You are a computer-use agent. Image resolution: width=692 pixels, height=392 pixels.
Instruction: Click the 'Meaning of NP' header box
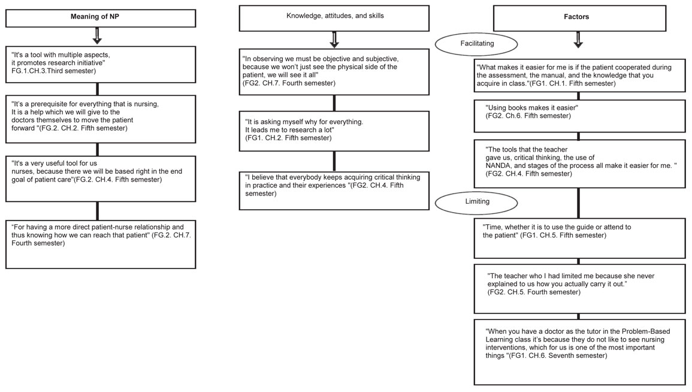[101, 18]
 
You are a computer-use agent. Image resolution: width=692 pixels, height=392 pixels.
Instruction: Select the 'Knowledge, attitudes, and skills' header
[334, 18]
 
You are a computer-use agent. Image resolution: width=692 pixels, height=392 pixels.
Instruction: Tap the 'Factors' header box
[579, 18]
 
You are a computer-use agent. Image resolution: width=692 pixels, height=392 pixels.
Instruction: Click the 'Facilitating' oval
[477, 44]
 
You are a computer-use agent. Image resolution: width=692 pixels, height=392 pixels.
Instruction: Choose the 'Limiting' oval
[477, 202]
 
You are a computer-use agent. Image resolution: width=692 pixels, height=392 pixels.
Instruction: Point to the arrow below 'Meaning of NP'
[97, 36]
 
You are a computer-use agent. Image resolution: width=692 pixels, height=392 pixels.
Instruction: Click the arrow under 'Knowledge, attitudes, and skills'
[334, 40]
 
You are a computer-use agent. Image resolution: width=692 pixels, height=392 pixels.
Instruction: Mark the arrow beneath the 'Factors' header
[578, 40]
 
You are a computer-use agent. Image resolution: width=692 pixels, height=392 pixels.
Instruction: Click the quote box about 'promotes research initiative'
[101, 65]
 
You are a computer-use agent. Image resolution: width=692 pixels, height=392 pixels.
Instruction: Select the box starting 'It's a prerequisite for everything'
[101, 119]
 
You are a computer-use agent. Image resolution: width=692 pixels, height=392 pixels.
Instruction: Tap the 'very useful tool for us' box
[101, 179]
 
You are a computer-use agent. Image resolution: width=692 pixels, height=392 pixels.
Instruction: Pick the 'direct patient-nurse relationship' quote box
[101, 244]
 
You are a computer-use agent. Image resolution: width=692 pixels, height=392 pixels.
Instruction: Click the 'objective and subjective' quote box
[334, 72]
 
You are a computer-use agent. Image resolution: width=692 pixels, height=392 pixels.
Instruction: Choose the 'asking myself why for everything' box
[334, 131]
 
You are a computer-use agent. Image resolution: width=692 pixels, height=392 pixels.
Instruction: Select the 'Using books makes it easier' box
[579, 116]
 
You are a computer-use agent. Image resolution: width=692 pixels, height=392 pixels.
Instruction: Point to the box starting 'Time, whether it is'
[579, 238]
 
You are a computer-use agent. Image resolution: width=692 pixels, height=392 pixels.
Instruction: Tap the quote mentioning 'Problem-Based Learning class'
[579, 352]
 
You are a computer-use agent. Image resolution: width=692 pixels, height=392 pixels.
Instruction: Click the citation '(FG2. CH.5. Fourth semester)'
[534, 293]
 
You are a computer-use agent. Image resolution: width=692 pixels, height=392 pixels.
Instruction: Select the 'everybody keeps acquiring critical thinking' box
[334, 191]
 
